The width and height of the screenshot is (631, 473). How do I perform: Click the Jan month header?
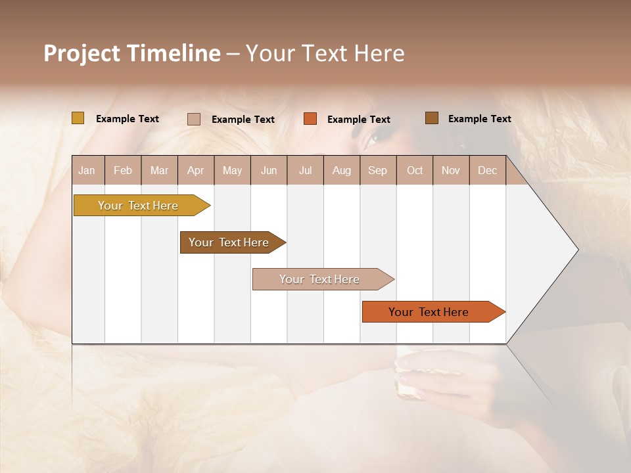(87, 170)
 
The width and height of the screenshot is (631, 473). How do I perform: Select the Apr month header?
(195, 170)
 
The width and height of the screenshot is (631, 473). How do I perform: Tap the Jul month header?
(305, 170)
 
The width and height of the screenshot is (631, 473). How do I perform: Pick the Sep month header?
(377, 170)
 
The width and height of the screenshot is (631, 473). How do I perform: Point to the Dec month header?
(487, 170)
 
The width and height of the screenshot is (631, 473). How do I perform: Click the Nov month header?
(450, 170)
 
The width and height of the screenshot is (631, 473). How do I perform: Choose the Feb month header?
(123, 170)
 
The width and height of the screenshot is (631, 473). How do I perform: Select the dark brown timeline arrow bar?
(230, 242)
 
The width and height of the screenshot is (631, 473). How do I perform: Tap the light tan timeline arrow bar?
(321, 279)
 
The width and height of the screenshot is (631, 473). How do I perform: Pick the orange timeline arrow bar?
(431, 312)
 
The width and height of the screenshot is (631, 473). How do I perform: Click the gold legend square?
(78, 118)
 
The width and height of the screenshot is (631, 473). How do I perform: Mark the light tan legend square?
(194, 119)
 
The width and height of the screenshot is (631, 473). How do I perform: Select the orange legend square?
(310, 118)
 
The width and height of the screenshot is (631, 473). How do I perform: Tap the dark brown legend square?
(432, 118)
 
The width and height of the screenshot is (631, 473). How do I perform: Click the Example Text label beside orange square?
(358, 120)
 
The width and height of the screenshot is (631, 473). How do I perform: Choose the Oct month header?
(415, 170)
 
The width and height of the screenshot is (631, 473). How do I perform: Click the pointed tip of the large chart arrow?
(576, 249)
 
